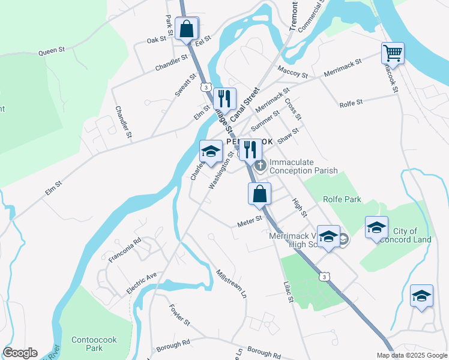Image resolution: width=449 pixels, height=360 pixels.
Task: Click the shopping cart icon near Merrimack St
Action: [x=393, y=53]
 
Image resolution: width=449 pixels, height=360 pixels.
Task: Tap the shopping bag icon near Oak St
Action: [x=187, y=28]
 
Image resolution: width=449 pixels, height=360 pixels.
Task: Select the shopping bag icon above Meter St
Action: [x=259, y=194]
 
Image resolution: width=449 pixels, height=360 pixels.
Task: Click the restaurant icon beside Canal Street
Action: [x=224, y=98]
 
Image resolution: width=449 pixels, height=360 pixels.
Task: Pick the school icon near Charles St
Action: [x=211, y=151]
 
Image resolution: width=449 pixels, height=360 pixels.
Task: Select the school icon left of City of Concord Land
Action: [x=376, y=227]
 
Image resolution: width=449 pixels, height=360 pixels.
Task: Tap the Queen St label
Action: [x=52, y=51]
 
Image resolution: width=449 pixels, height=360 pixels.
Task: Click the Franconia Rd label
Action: [x=125, y=250]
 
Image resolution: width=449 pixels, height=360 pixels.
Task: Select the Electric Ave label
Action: [x=142, y=283]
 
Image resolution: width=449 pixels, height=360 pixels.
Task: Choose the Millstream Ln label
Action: [x=231, y=284]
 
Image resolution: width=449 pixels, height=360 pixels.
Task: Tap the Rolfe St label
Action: [x=351, y=103]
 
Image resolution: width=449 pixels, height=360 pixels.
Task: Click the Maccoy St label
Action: [x=292, y=72]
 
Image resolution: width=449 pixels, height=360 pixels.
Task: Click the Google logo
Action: [x=20, y=353]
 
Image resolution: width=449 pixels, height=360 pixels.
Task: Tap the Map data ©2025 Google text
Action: [x=411, y=355]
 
